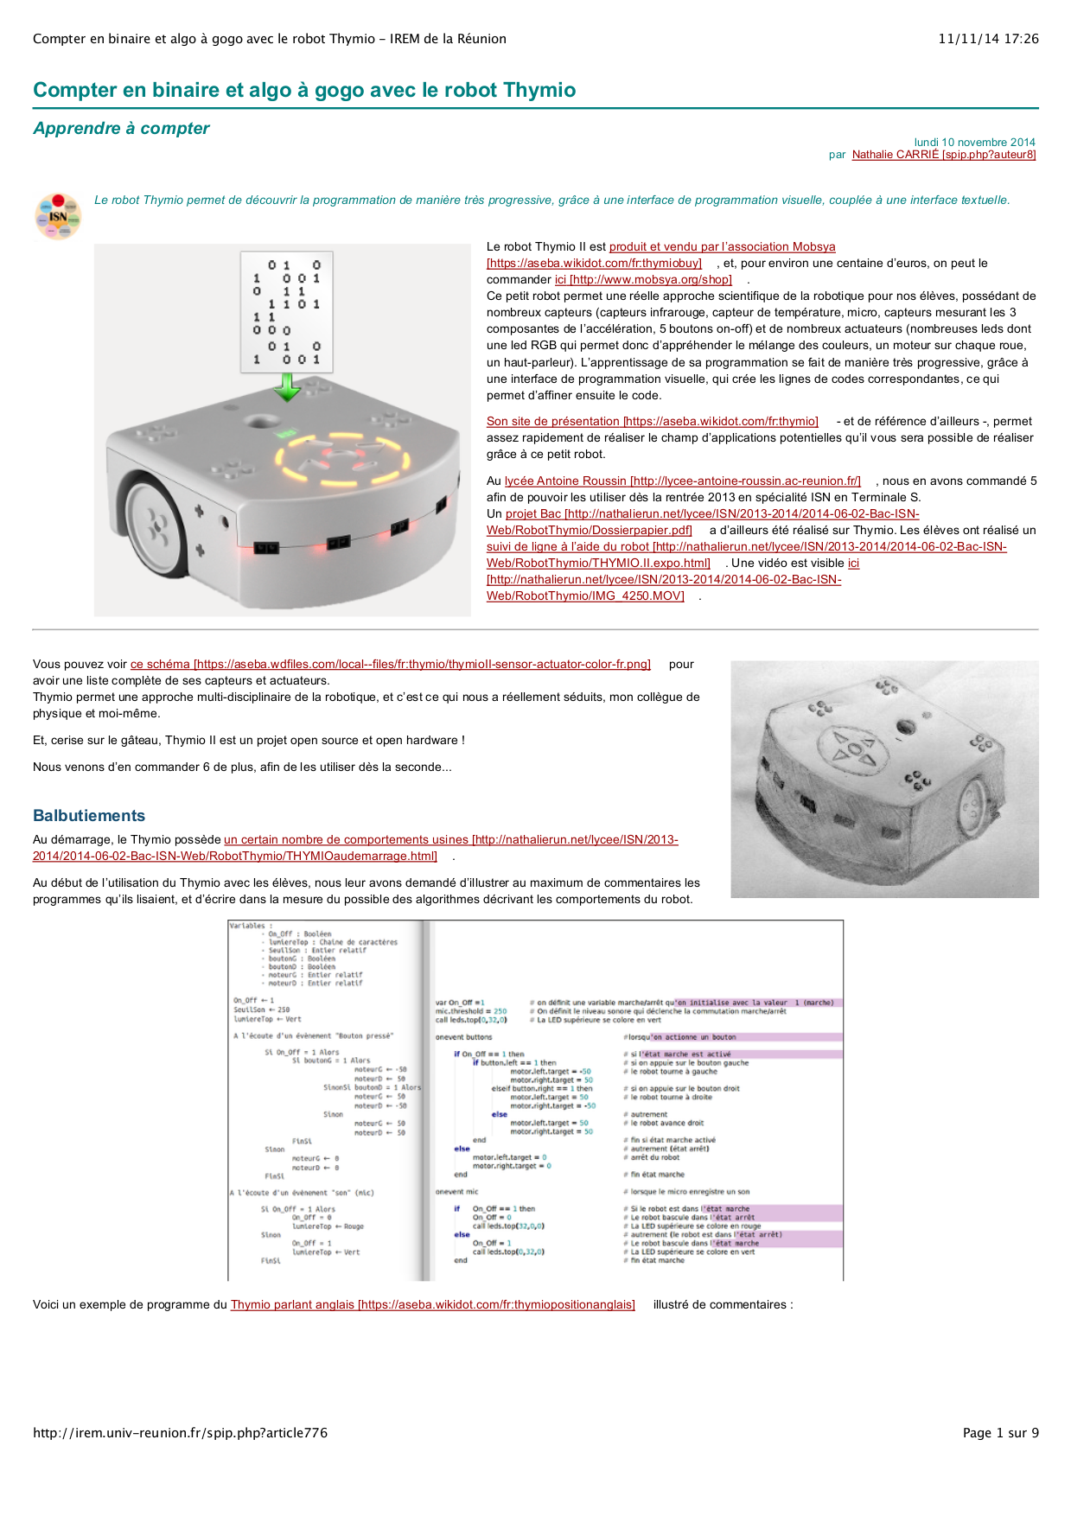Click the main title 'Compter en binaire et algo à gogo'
coord(304,91)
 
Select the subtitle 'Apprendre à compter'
coord(121,129)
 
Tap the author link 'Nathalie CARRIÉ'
coord(943,155)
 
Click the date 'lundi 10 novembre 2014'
coord(974,142)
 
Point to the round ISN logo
coord(58,216)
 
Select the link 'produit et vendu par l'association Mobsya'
coord(722,247)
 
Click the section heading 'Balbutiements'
coord(89,816)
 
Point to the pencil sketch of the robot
coord(884,780)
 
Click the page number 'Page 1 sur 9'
coord(1000,1433)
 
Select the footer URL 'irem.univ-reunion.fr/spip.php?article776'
coord(180,1433)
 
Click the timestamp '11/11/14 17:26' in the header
coord(988,39)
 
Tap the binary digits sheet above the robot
coord(286,312)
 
